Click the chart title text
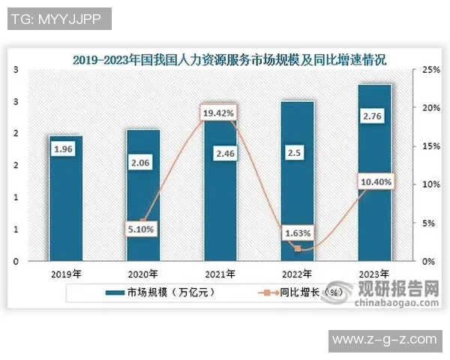[x=234, y=58]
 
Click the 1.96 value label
[x=65, y=150]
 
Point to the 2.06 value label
[x=142, y=161]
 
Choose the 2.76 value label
[x=374, y=117]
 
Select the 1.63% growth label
[x=297, y=233]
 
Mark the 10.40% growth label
[x=374, y=181]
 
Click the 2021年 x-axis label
[x=220, y=273]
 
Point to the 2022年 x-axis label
[x=297, y=273]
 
